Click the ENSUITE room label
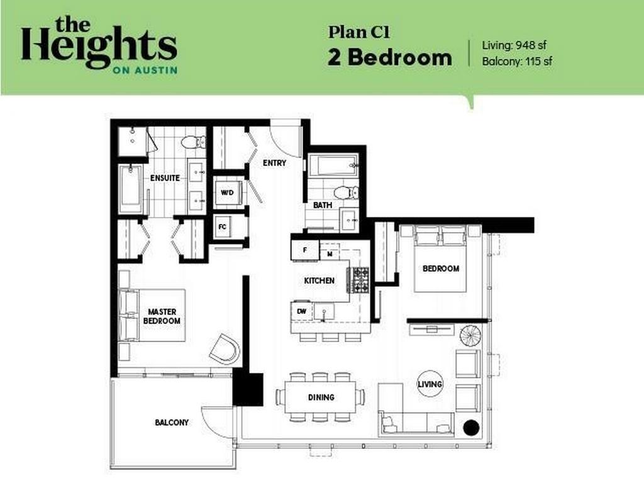165,178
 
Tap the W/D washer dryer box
228,192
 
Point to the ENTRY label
275,163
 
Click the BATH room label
322,205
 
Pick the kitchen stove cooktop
359,280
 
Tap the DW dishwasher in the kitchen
301,311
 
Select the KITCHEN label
319,280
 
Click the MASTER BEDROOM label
162,316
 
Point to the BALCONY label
172,423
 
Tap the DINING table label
321,397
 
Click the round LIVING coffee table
430,384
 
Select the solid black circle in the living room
471,428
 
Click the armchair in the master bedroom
225,348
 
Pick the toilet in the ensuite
193,142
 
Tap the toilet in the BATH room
345,192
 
